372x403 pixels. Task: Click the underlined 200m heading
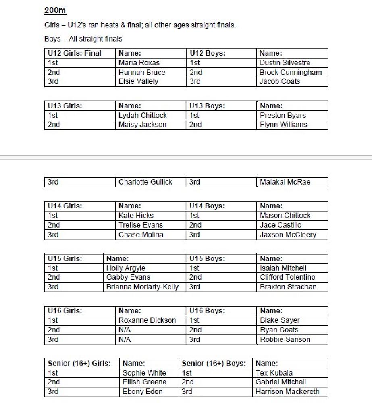coord(55,10)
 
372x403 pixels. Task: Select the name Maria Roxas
coord(139,63)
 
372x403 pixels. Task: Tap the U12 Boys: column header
coord(208,53)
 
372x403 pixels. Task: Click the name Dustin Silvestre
coord(285,63)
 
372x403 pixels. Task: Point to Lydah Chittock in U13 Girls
coord(143,115)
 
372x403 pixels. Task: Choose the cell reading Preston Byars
coord(283,115)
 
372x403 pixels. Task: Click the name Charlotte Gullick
coord(145,182)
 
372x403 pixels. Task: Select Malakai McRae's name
coord(285,182)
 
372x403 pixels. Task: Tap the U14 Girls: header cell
coord(65,206)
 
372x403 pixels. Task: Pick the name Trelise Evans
coord(141,225)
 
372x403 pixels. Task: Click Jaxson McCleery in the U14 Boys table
coord(288,235)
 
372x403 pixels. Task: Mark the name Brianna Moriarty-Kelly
coord(143,287)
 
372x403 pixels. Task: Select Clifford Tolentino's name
coord(288,277)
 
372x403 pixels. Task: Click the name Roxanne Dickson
coord(147,320)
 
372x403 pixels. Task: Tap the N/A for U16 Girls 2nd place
coord(125,330)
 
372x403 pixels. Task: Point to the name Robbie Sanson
coord(285,339)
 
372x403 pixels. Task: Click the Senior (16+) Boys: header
coord(214,363)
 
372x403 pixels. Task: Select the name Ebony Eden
coord(143,391)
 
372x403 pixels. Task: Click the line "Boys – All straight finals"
coord(83,39)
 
